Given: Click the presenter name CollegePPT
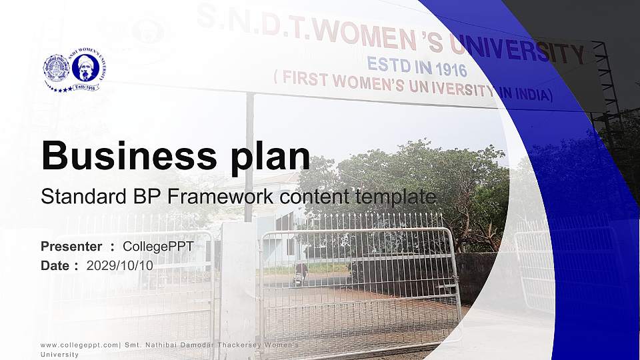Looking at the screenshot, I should pyautogui.click(x=158, y=247).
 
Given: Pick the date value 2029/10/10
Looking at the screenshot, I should pyautogui.click(x=119, y=265).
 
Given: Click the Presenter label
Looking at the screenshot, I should pyautogui.click(x=71, y=247).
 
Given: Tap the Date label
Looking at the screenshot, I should pyautogui.click(x=55, y=265).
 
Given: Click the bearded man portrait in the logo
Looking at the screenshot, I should pyautogui.click(x=85, y=67).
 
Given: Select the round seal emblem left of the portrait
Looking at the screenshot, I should pyautogui.click(x=56, y=67).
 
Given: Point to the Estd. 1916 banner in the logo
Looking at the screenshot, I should pyautogui.click(x=85, y=87).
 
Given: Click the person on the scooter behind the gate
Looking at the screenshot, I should pyautogui.click(x=303, y=270).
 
